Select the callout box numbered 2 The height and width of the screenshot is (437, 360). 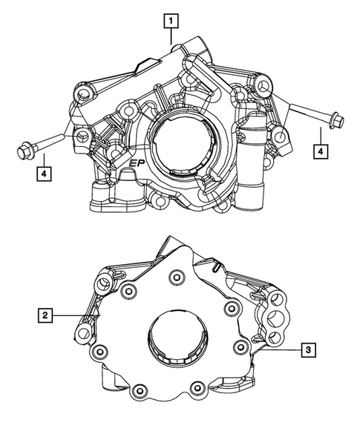click(46, 316)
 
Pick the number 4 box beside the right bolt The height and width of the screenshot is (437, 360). click(320, 151)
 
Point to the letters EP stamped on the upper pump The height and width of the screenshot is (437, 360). click(137, 165)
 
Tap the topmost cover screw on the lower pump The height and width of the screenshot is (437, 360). click(176, 279)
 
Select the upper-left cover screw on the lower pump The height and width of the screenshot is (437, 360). click(131, 289)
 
